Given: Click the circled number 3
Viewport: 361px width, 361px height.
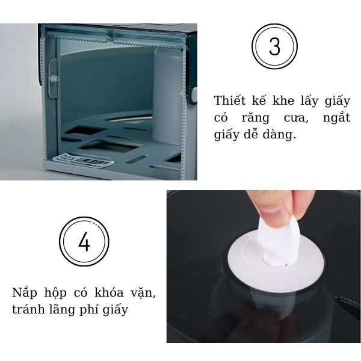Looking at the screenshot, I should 274,48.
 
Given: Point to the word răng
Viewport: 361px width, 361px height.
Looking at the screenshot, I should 261,118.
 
